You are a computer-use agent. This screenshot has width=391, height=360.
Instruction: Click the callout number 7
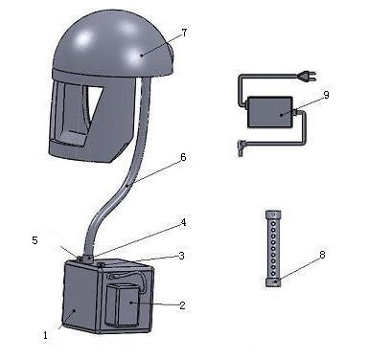click(184, 33)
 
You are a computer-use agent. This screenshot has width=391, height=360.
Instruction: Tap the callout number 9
click(326, 95)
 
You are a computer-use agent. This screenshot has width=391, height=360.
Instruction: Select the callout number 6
click(183, 157)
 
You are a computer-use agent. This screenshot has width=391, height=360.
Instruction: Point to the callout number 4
click(183, 222)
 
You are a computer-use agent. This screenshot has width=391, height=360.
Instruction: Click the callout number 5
click(34, 240)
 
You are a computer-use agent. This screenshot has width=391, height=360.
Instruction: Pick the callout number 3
click(182, 256)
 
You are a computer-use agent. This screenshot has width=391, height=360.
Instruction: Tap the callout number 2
click(182, 305)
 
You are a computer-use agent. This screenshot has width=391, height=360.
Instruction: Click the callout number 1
click(45, 335)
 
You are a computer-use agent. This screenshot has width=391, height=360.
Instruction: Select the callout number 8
click(322, 255)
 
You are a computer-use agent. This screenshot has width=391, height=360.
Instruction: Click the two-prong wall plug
click(307, 76)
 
